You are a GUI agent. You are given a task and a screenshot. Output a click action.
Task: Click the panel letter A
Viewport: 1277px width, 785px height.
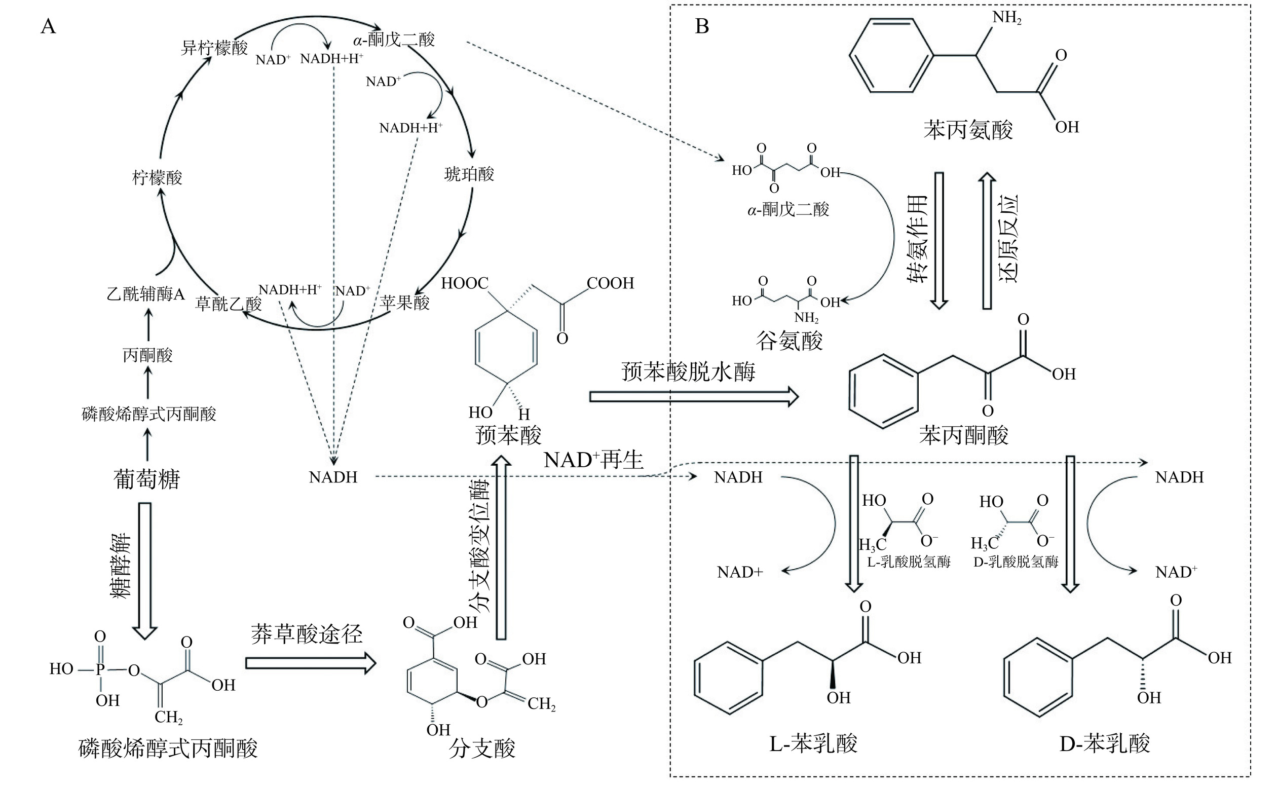48,25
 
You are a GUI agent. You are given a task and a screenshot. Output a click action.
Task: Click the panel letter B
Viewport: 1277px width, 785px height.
702,25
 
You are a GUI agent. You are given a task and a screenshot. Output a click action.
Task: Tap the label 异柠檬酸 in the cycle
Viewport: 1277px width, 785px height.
214,48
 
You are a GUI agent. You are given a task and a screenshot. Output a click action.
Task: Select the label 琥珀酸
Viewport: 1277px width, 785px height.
469,174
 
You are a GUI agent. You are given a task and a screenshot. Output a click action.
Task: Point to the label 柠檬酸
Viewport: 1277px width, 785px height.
157,178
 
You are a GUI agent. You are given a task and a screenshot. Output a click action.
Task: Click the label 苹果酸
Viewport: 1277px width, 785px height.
404,303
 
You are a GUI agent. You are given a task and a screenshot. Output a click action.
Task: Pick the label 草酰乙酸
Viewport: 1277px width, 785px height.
229,304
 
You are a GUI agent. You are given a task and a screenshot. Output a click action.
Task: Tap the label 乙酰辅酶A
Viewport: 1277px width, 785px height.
146,294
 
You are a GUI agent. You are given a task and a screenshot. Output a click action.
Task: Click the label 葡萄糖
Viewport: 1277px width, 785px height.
147,478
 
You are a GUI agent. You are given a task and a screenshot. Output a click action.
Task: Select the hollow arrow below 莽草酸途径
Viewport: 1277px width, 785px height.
311,663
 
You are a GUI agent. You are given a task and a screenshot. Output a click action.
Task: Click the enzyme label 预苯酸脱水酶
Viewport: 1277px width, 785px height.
688,372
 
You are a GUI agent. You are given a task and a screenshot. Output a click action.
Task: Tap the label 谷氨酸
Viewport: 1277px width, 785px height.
789,341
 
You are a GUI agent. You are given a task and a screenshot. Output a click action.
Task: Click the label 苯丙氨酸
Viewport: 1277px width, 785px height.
968,129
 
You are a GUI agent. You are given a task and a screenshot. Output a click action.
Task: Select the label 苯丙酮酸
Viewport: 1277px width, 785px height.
963,435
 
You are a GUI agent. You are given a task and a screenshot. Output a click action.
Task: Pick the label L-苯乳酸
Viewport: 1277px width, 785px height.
813,744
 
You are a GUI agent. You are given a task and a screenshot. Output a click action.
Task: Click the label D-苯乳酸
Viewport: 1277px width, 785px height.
1105,744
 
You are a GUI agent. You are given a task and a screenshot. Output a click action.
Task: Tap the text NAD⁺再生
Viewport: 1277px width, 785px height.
593,460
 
